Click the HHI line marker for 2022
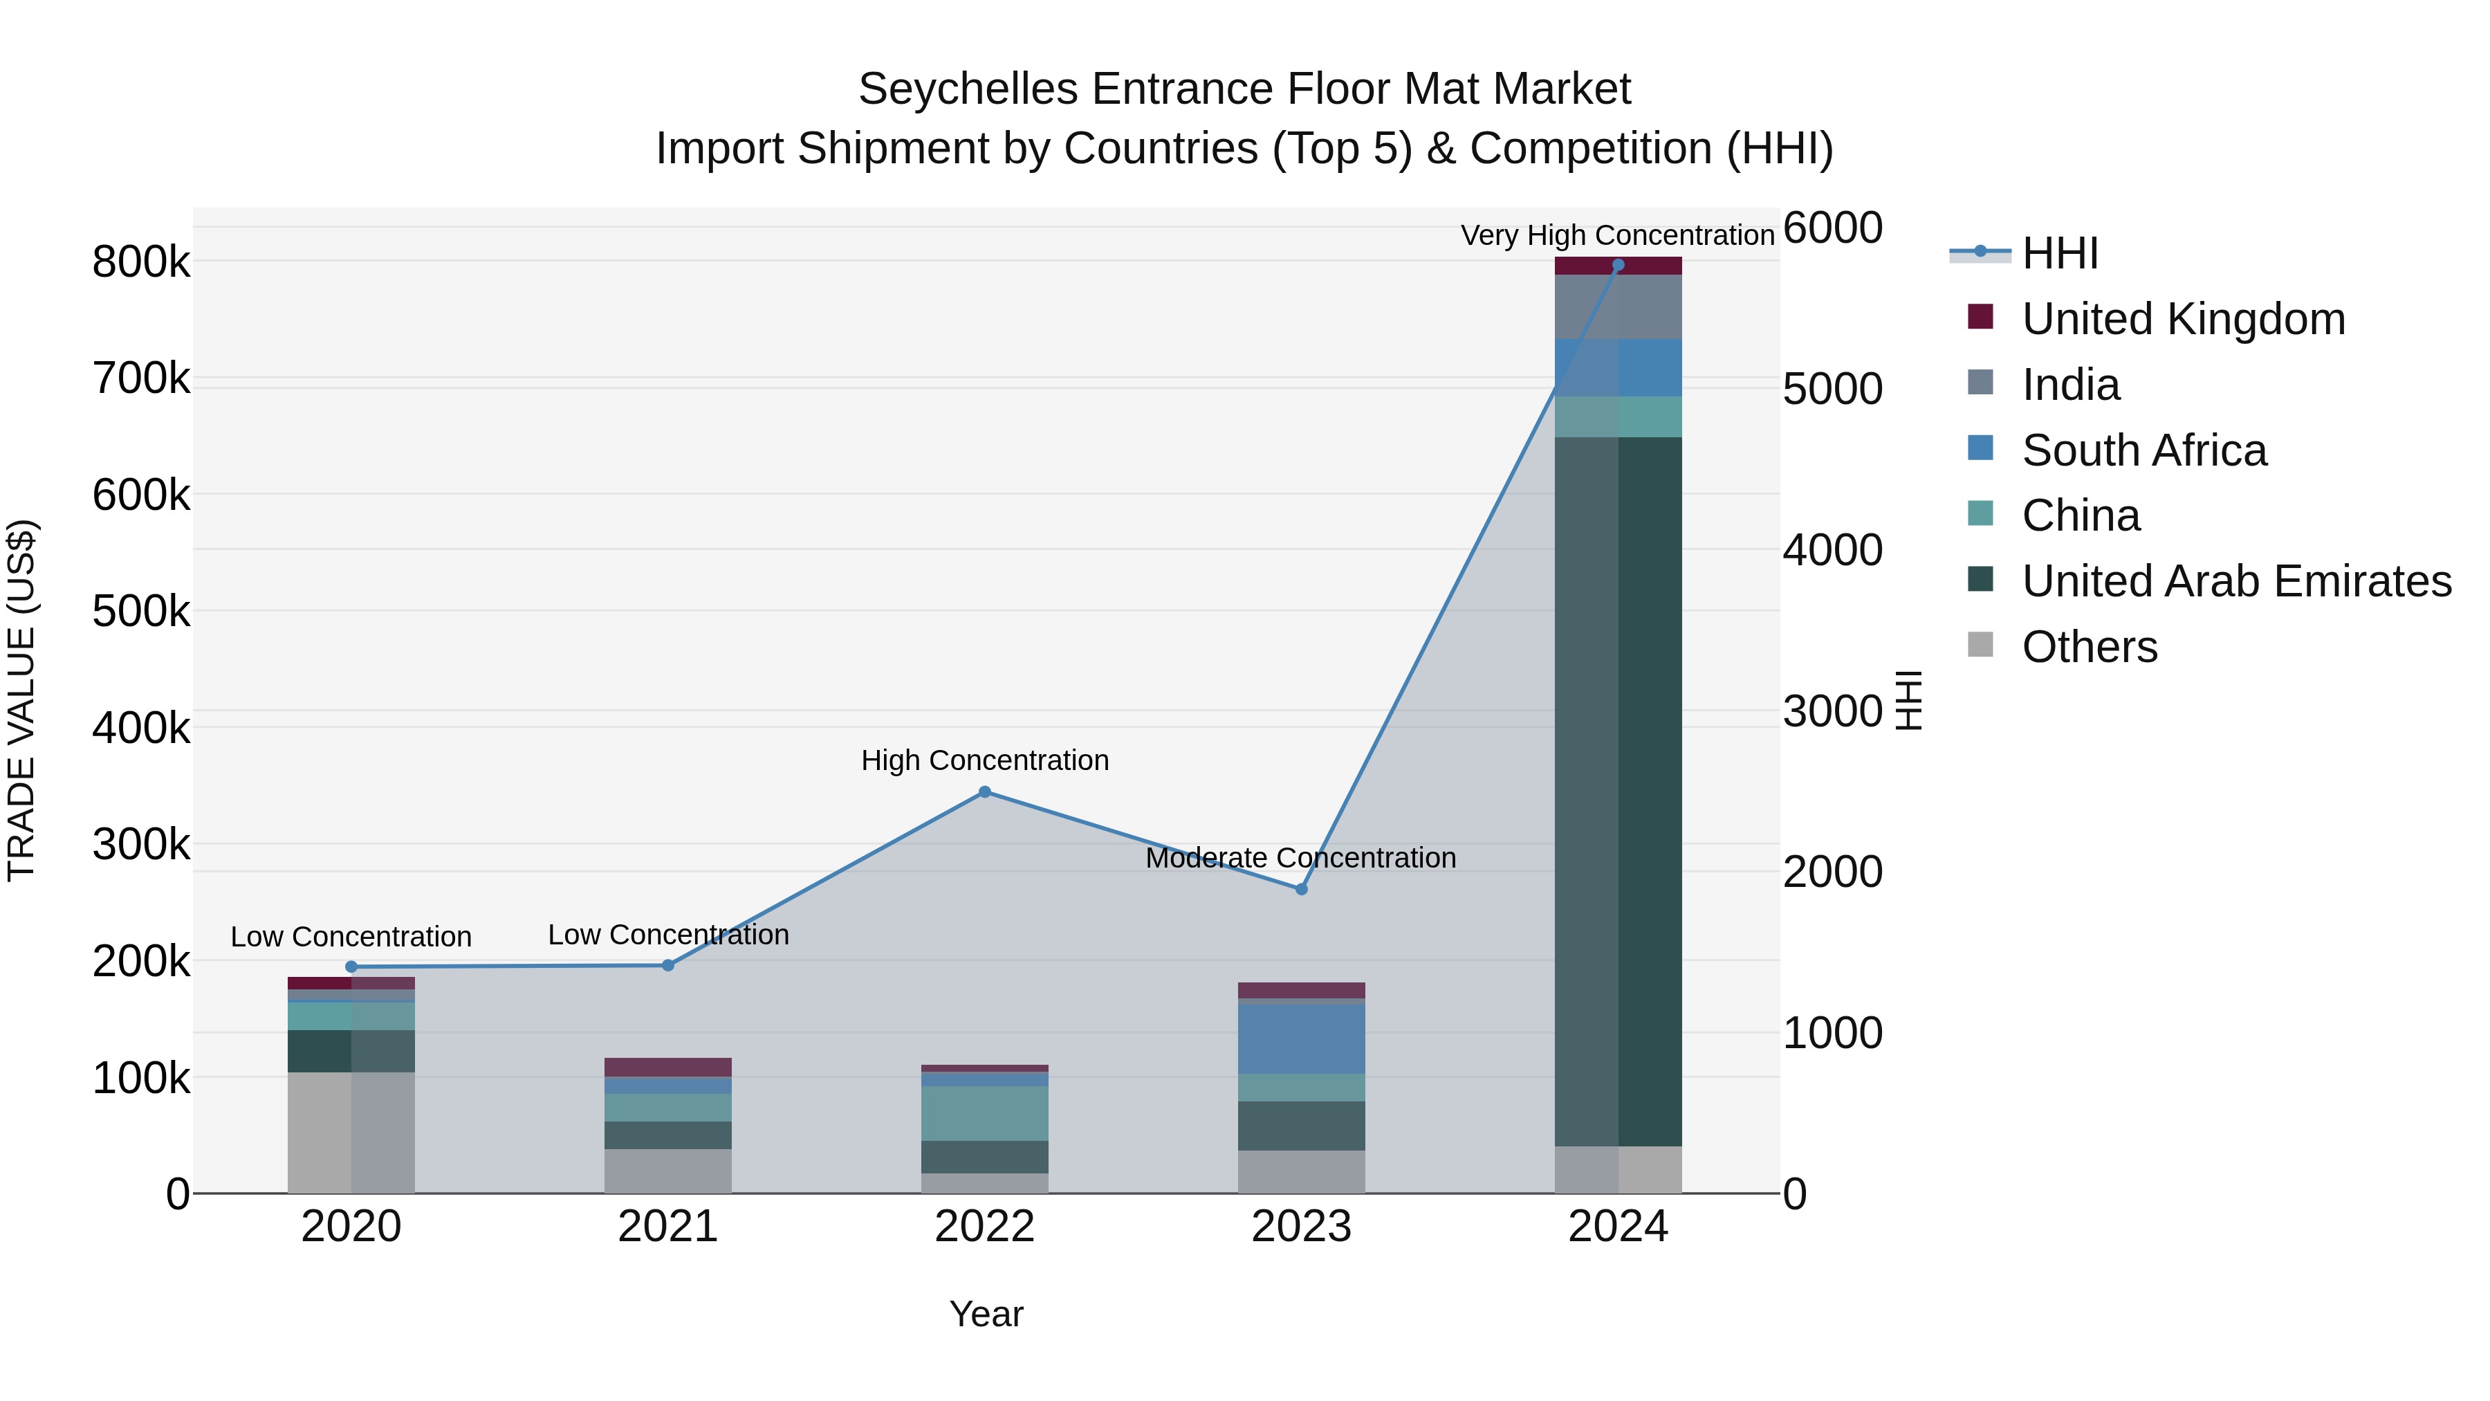click(x=984, y=792)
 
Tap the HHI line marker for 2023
click(x=1301, y=888)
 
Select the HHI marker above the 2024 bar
click(x=1618, y=265)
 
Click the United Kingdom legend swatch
click(x=1980, y=317)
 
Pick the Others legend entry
click(x=2089, y=647)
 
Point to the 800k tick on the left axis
click(x=141, y=262)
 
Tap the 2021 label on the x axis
click(x=668, y=1227)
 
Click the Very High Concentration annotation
click(x=1617, y=235)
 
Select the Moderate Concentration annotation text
click(x=1300, y=858)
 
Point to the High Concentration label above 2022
click(x=984, y=760)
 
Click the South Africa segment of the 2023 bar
click(x=1301, y=1038)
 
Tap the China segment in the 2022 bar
click(x=984, y=1113)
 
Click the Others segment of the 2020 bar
click(x=351, y=1131)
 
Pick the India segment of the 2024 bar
click(x=1618, y=306)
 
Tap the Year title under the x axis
click(x=985, y=1314)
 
